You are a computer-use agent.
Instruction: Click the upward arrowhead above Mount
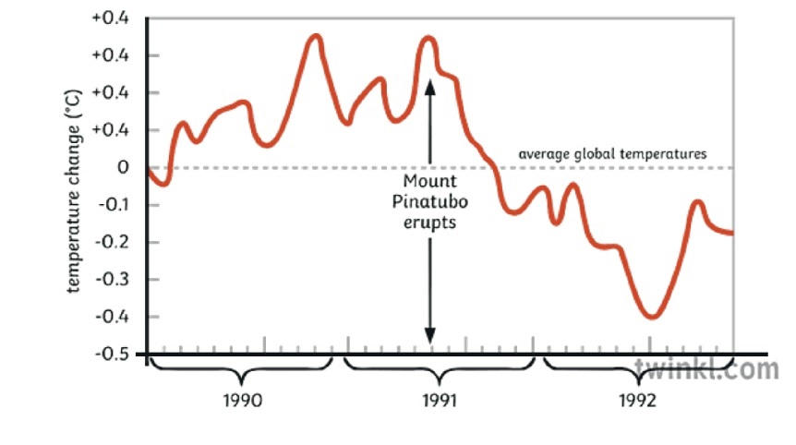[429, 86]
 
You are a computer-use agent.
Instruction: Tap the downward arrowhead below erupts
[429, 335]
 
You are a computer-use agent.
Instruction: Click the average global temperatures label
[612, 154]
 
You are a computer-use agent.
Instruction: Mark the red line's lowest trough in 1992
[652, 317]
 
